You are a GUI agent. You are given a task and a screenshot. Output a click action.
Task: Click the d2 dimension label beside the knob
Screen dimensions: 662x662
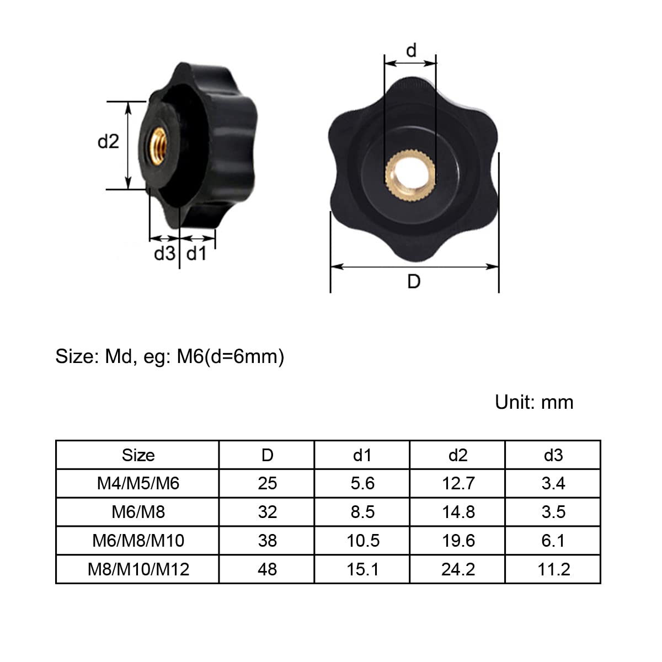(x=108, y=141)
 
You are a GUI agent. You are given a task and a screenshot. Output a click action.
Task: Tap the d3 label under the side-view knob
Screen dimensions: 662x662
(x=164, y=254)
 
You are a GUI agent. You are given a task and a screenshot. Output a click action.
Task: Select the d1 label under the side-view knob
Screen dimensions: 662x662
(x=196, y=254)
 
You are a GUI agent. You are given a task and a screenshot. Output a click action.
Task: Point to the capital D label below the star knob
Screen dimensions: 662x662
(x=414, y=282)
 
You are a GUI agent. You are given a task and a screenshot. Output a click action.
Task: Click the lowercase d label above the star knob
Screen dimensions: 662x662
(x=411, y=50)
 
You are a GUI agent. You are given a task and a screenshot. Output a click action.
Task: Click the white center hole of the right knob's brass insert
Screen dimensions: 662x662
(x=411, y=174)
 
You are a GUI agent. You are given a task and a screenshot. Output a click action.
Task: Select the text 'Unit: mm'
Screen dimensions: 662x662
(x=534, y=402)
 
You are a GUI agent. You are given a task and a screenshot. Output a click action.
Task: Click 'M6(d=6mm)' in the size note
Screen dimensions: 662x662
(x=230, y=356)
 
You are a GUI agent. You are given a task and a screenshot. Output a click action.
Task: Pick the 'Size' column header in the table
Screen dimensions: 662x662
(x=138, y=455)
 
